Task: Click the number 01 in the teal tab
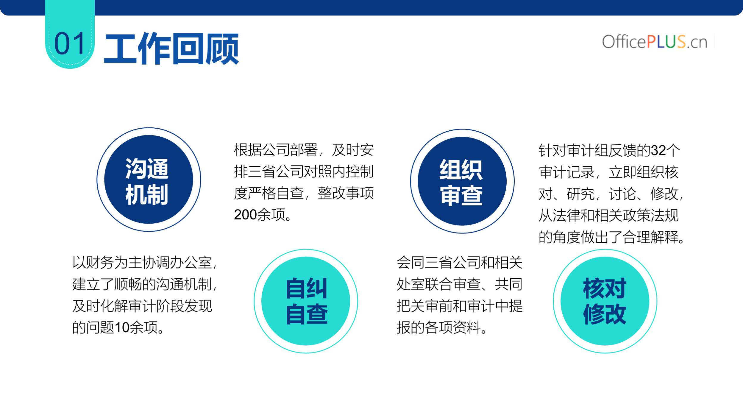[x=70, y=43]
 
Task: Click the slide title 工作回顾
[x=171, y=49]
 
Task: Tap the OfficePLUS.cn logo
[x=655, y=42]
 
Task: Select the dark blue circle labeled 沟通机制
[x=149, y=180]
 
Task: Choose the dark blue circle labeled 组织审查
[x=462, y=181]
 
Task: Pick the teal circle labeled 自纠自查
[x=306, y=301]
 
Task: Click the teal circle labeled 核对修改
[x=605, y=301]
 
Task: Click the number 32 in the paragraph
[x=658, y=150]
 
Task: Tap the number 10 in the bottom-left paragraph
[x=122, y=327]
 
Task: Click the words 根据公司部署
[x=276, y=149]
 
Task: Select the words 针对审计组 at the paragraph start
[x=573, y=150]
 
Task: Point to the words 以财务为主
[x=107, y=262]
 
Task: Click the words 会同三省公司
[x=438, y=262]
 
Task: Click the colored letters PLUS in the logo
[x=666, y=41]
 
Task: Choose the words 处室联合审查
[x=438, y=284]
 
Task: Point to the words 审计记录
[x=566, y=172]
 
